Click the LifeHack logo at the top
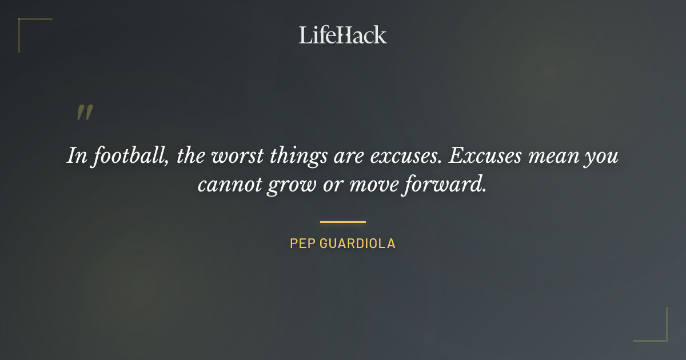(343, 35)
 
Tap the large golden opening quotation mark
(84, 113)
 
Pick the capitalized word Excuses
(485, 156)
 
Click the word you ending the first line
(601, 156)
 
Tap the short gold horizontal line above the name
(343, 221)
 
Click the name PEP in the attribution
(301, 243)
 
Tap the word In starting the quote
(76, 156)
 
